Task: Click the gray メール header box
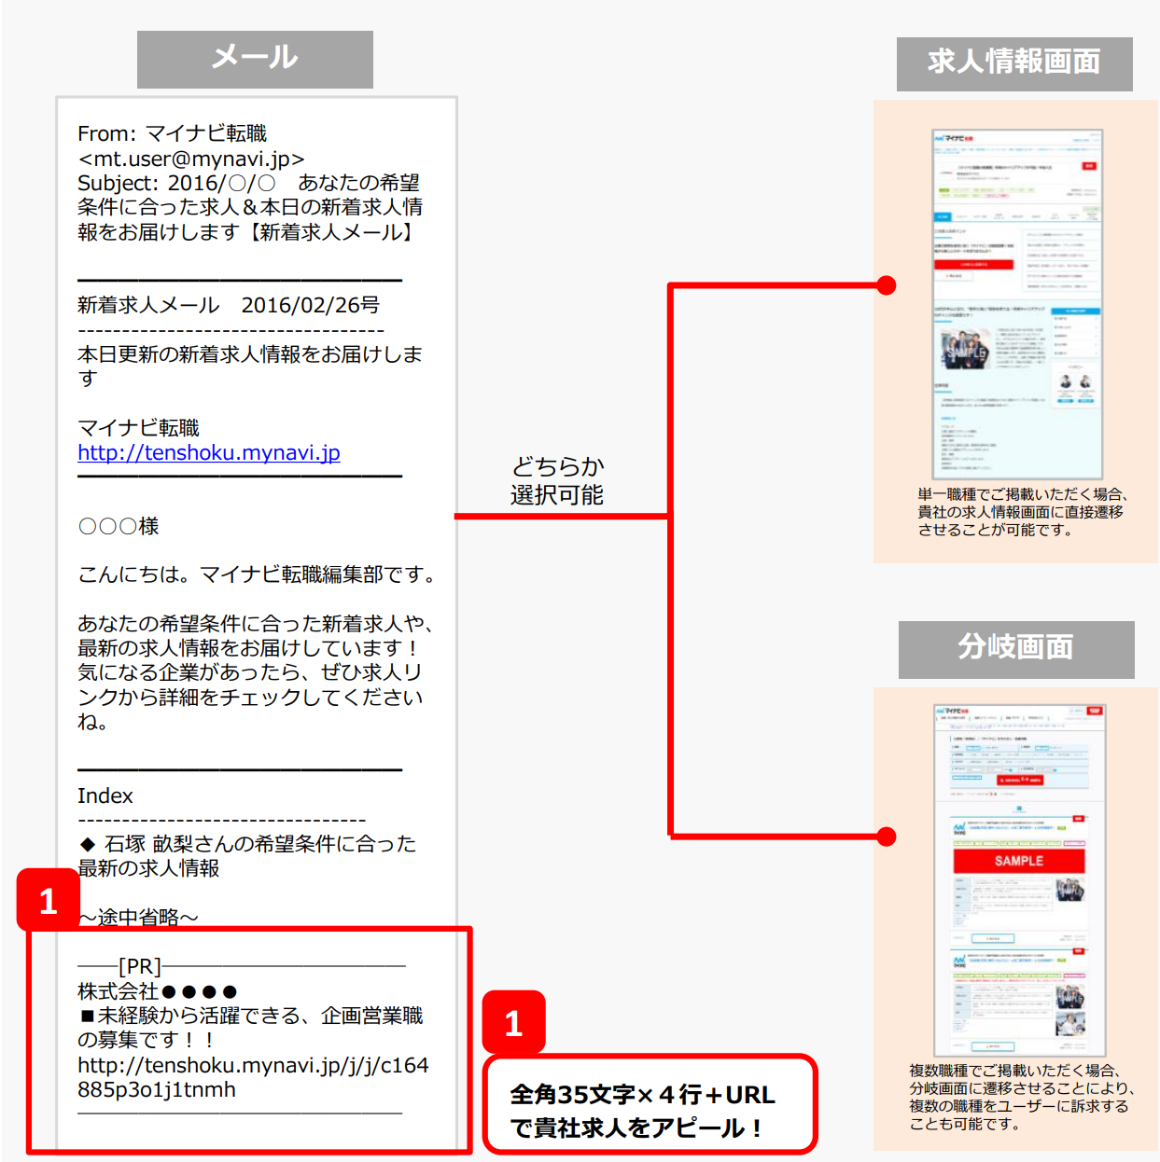point(255,59)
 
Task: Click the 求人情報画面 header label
point(1013,63)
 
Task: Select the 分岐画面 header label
point(1015,648)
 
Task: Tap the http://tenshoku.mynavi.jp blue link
point(208,453)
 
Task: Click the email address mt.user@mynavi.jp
point(191,159)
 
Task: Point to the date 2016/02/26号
point(310,305)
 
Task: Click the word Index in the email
point(105,795)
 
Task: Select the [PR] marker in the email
point(140,966)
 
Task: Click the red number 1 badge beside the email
point(49,900)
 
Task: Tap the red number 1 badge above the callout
point(513,1023)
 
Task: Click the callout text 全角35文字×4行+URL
point(642,1095)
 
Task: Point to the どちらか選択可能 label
point(557,480)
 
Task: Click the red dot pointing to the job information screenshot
point(887,285)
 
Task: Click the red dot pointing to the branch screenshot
point(887,837)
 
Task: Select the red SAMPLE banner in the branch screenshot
point(1018,861)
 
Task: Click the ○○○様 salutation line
point(119,526)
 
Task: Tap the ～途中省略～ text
point(138,917)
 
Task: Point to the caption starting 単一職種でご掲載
point(1023,512)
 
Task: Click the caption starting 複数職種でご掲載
point(1021,1097)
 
